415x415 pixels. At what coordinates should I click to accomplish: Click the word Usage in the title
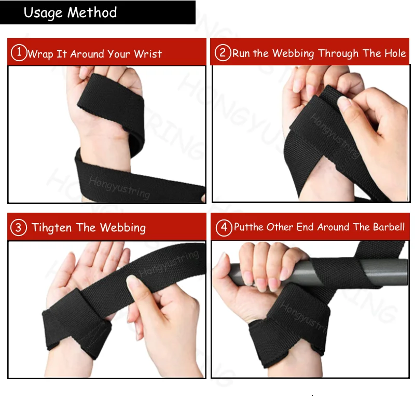click(x=43, y=13)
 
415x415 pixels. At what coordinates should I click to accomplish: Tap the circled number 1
click(x=19, y=53)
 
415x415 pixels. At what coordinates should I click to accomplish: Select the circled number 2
click(x=223, y=53)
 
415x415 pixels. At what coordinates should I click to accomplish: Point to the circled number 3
click(x=19, y=228)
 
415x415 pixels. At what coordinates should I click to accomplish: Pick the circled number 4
click(x=224, y=228)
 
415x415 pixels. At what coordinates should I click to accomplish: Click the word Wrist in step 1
click(x=148, y=54)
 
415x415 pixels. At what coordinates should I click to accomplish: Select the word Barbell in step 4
click(x=389, y=227)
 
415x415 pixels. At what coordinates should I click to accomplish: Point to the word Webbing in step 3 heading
click(x=124, y=228)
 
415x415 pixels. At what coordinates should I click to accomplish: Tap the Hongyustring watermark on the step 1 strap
click(x=119, y=187)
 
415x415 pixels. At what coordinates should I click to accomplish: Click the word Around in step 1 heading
click(x=88, y=54)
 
